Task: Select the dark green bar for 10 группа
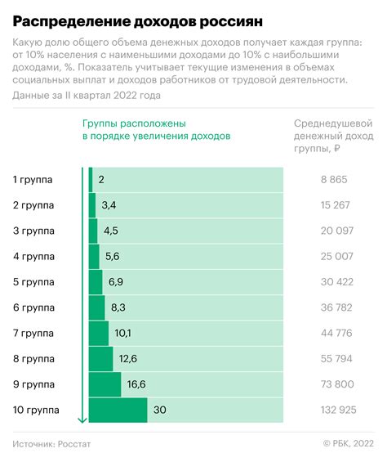118,410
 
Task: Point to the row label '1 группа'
33,179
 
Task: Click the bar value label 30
160,410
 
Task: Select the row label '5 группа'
33,282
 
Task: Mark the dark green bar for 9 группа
105,384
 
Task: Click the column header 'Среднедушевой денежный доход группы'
332,137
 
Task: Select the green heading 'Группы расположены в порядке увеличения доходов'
155,130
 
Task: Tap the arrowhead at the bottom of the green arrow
82,420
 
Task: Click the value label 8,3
118,307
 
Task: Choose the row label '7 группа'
33,334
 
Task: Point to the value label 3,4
109,204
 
